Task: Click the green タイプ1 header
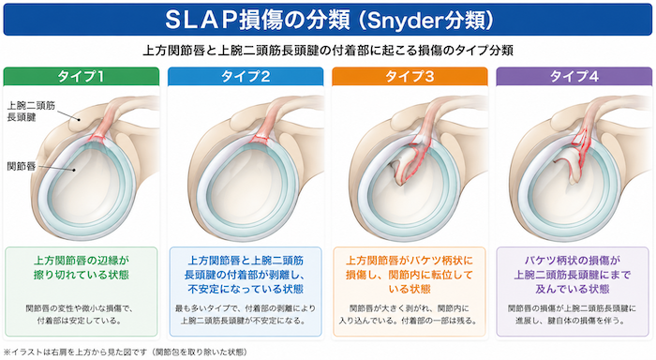(x=82, y=77)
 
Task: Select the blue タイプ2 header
(x=246, y=77)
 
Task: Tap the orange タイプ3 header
(x=410, y=77)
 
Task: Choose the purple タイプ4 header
(x=574, y=77)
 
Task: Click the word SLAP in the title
(x=201, y=20)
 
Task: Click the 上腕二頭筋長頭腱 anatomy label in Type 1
(x=31, y=112)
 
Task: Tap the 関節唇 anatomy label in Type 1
(x=22, y=166)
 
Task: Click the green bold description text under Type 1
(x=82, y=267)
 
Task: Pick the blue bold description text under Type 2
(x=246, y=275)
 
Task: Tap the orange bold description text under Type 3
(x=410, y=275)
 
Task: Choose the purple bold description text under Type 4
(x=573, y=275)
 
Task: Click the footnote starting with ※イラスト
(x=126, y=352)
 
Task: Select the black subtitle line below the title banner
(x=328, y=51)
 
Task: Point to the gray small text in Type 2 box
(x=246, y=314)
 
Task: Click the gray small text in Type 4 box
(x=572, y=314)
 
